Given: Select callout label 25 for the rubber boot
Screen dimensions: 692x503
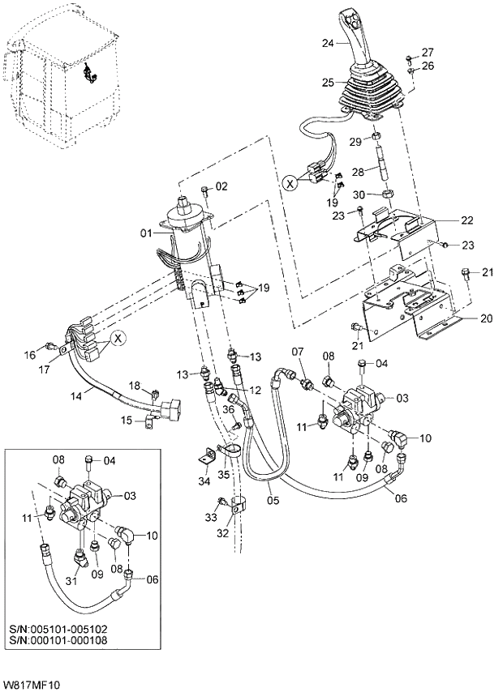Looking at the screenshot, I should click(328, 83).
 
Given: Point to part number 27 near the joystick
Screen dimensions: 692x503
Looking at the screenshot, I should click(428, 52).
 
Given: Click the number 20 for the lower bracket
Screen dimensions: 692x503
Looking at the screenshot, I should click(487, 318).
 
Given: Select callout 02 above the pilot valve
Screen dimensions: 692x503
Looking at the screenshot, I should click(221, 186).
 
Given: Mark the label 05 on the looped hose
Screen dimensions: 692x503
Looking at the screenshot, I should click(273, 501).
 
